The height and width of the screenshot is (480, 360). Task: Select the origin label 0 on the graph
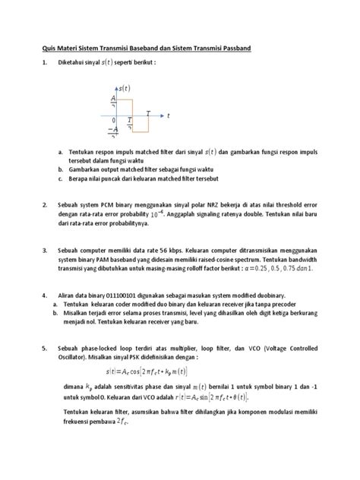pos(113,120)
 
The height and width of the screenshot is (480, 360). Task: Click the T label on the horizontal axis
pos(148,112)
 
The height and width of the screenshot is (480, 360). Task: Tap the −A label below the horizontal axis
pos(113,130)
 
